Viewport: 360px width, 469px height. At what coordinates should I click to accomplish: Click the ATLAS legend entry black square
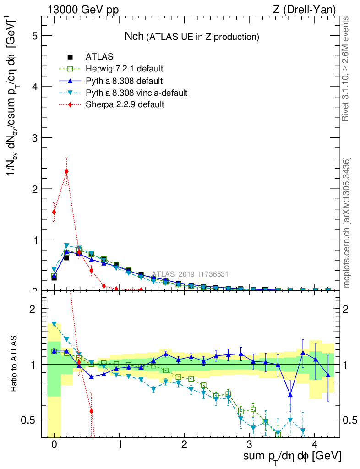(70, 57)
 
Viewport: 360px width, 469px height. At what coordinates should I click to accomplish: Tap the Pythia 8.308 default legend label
(124, 81)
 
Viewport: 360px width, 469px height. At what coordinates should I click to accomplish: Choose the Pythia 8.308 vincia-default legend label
(136, 93)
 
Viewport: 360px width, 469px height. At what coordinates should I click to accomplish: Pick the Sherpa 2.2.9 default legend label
(125, 105)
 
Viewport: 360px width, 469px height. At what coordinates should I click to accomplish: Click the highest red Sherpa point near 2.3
(67, 171)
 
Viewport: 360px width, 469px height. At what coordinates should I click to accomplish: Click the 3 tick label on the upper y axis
(34, 138)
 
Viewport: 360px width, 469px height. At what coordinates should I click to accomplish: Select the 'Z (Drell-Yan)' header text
(308, 10)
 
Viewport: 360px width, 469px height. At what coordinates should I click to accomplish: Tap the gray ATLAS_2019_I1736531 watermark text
(190, 274)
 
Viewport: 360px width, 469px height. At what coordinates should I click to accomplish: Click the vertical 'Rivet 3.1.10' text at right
(346, 69)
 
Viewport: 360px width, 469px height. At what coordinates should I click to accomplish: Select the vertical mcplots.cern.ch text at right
(347, 223)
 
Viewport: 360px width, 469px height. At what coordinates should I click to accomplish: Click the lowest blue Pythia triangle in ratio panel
(290, 394)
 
